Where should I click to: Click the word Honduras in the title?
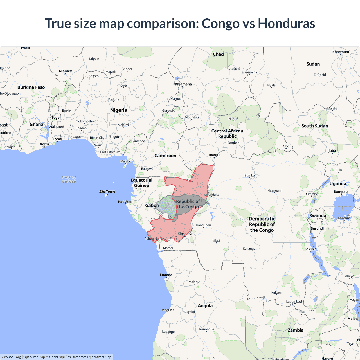click(x=286, y=23)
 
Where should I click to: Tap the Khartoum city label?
click(x=341, y=52)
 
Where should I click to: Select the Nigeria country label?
click(x=119, y=110)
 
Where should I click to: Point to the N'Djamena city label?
click(x=182, y=84)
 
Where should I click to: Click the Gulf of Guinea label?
click(x=69, y=179)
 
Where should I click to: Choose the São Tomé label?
click(x=107, y=192)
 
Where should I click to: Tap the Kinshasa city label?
click(x=185, y=234)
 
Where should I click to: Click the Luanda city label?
click(x=166, y=275)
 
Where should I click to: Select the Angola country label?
click(x=205, y=306)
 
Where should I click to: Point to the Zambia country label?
click(x=296, y=330)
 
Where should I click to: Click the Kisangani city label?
click(x=274, y=190)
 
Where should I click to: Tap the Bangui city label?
click(x=214, y=155)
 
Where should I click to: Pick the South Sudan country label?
click(x=315, y=126)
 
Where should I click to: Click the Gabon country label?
click(x=152, y=206)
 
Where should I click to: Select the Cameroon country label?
click(x=165, y=156)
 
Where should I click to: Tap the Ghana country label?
click(x=37, y=124)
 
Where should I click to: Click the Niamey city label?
click(x=66, y=71)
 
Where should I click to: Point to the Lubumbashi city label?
click(x=295, y=301)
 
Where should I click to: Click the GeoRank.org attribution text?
click(x=11, y=357)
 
